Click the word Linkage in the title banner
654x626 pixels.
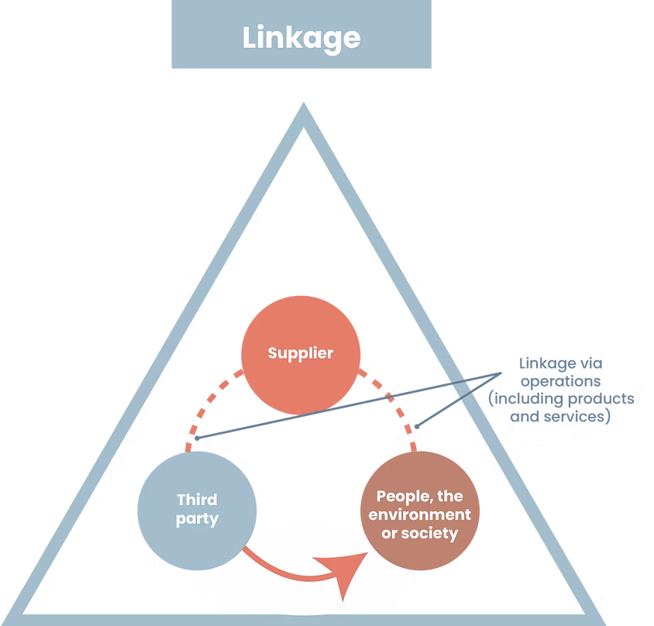(x=301, y=38)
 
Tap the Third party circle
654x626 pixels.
(x=197, y=509)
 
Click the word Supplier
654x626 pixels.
(x=301, y=353)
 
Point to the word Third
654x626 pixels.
(x=197, y=500)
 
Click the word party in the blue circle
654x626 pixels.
(x=197, y=519)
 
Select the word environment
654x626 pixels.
(x=419, y=514)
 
